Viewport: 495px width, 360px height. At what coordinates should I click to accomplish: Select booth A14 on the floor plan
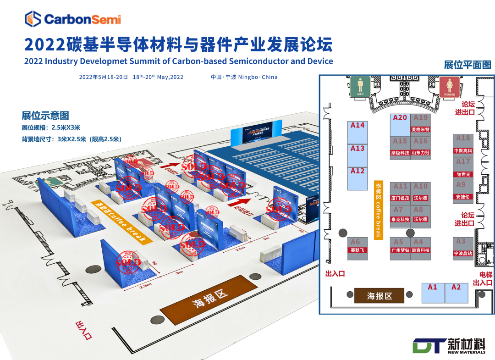click(357, 133)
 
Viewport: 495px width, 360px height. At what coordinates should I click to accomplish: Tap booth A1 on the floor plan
click(433, 293)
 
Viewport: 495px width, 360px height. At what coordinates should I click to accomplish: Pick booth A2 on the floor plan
click(456, 293)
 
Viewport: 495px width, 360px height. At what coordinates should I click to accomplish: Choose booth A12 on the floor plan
click(357, 178)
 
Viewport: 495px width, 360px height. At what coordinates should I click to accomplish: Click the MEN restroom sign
click(360, 87)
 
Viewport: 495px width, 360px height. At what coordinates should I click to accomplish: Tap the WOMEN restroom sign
click(450, 87)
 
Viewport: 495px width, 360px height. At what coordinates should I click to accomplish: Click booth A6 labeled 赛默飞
click(356, 246)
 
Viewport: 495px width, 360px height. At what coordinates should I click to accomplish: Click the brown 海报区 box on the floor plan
click(379, 296)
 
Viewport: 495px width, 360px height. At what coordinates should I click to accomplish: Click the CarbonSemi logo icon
click(33, 19)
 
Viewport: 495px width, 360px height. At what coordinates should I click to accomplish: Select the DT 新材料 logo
click(450, 346)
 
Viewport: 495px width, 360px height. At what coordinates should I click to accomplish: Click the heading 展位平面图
click(467, 65)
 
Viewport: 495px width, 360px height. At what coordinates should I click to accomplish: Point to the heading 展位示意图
click(45, 116)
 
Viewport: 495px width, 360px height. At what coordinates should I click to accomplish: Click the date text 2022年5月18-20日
click(103, 77)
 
